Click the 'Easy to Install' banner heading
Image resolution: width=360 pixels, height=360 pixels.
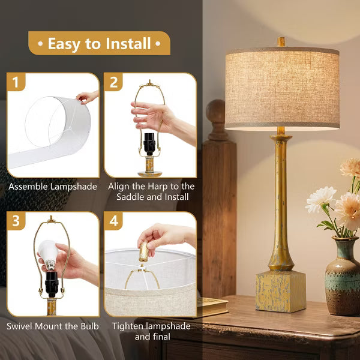(x=99, y=44)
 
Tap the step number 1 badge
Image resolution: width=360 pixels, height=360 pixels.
(x=16, y=83)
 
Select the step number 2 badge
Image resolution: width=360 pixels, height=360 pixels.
(x=113, y=83)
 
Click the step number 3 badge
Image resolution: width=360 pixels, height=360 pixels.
(x=16, y=221)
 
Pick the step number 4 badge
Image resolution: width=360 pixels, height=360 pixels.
(x=113, y=221)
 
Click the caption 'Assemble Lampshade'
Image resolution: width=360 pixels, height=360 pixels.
(x=53, y=187)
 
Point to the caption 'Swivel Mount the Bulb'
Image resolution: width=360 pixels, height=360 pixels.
(x=53, y=326)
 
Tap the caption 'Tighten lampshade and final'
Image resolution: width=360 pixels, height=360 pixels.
(x=151, y=331)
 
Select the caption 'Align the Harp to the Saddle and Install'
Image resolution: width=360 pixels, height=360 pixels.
(x=151, y=191)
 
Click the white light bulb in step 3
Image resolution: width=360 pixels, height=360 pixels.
(x=47, y=251)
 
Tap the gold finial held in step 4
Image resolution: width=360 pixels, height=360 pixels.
(x=143, y=251)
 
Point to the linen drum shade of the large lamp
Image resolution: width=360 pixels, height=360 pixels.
(x=281, y=89)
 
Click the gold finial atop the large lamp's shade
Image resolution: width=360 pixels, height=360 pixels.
(x=281, y=42)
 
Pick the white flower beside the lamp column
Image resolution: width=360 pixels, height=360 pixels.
(x=320, y=199)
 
